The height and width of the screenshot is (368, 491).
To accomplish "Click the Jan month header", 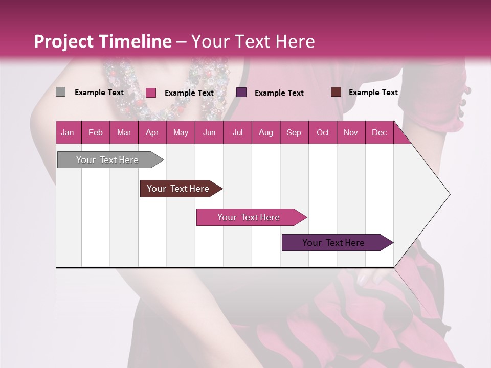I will [x=68, y=132].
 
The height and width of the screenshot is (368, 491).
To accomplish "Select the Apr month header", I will [x=152, y=132].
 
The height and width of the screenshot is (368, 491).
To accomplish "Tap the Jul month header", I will [x=237, y=132].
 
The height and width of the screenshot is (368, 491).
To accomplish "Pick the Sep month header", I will [x=294, y=132].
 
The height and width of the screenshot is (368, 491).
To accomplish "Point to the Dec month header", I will [x=379, y=132].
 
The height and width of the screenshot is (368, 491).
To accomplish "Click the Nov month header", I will [x=350, y=132].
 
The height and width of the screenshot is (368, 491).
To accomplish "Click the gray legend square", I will [x=60, y=92].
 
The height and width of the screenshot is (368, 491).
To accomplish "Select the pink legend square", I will [x=150, y=93].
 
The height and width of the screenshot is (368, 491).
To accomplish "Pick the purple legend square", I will [x=241, y=93].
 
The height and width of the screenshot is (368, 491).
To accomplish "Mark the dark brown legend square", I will [x=336, y=92].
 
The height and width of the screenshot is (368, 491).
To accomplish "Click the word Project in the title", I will [x=64, y=41].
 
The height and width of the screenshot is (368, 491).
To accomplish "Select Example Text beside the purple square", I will [x=279, y=93].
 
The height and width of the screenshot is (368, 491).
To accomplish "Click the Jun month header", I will [x=209, y=132].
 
